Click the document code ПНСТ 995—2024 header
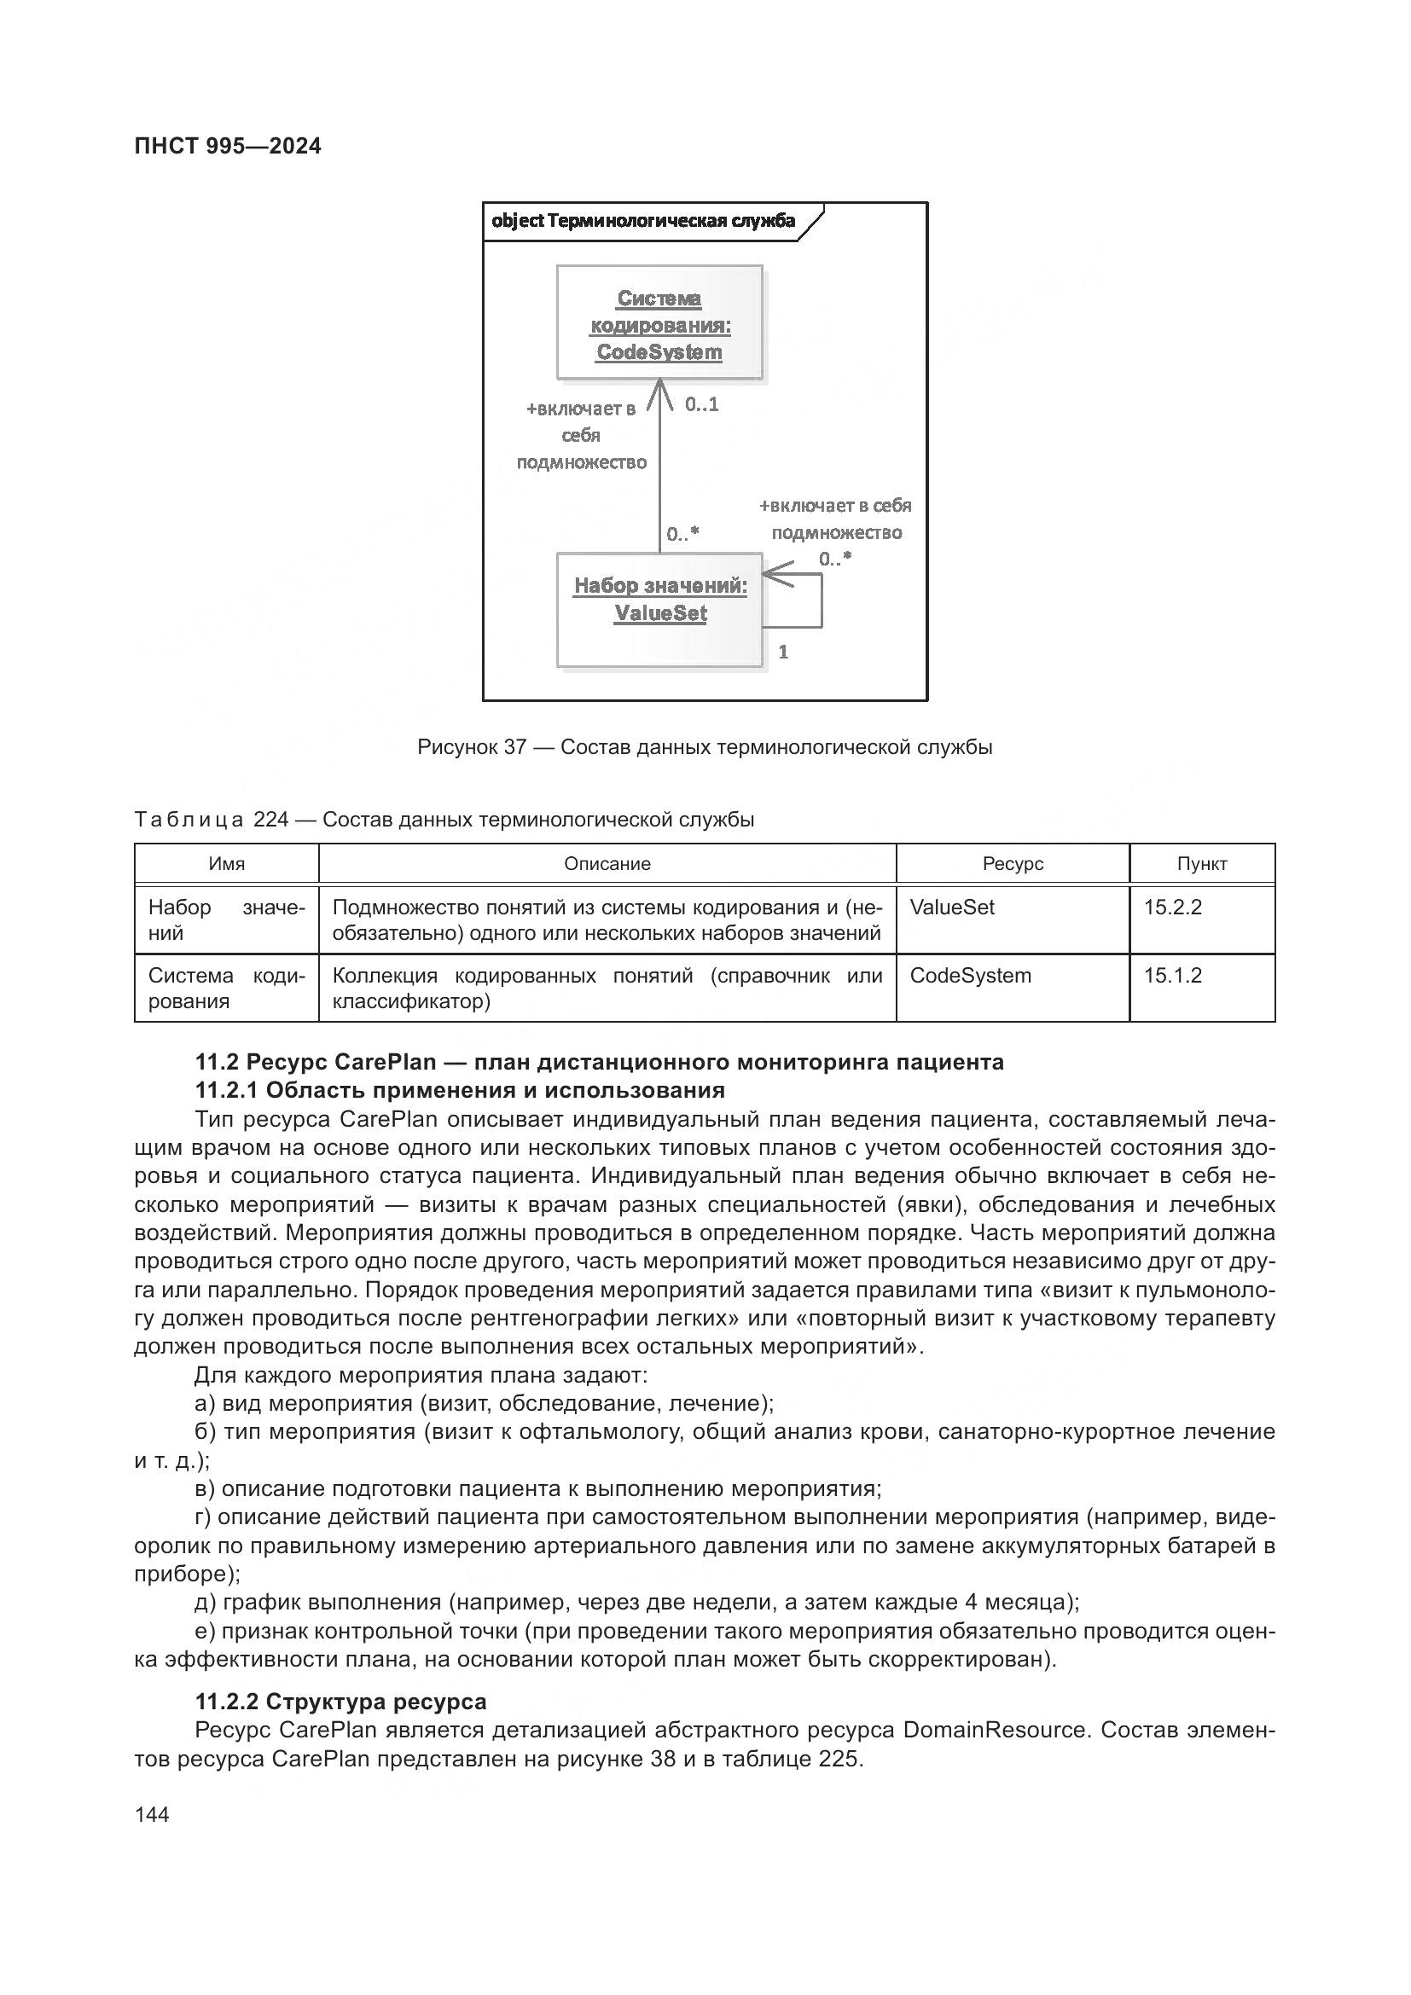[228, 147]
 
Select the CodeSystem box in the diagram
[659, 323]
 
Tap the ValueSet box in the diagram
[659, 610]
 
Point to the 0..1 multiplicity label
[701, 405]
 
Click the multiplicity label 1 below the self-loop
[783, 652]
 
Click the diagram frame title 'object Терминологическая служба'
[643, 221]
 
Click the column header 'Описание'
[607, 864]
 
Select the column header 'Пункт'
[1202, 864]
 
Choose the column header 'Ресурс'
[1013, 864]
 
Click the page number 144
[152, 1814]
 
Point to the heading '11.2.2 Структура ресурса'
[340, 1702]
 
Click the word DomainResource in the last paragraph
[994, 1730]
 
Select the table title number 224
[270, 820]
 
